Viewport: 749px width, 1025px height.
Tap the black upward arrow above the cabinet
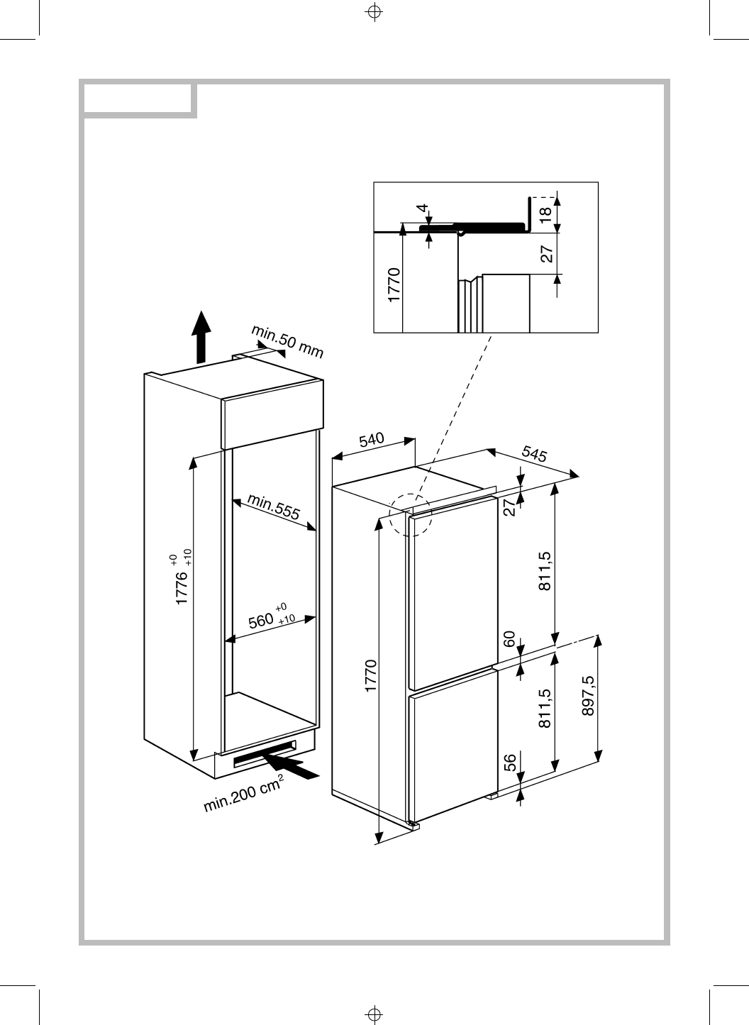(x=202, y=337)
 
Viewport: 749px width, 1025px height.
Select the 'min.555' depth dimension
(x=274, y=508)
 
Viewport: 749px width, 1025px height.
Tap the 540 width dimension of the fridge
(x=371, y=440)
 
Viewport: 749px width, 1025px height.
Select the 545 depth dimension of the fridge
(x=534, y=453)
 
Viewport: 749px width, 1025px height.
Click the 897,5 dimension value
(x=588, y=697)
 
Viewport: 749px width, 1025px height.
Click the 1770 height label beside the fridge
(x=370, y=676)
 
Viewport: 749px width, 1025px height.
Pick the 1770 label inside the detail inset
(x=395, y=284)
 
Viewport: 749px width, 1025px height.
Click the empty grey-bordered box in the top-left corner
(x=138, y=99)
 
